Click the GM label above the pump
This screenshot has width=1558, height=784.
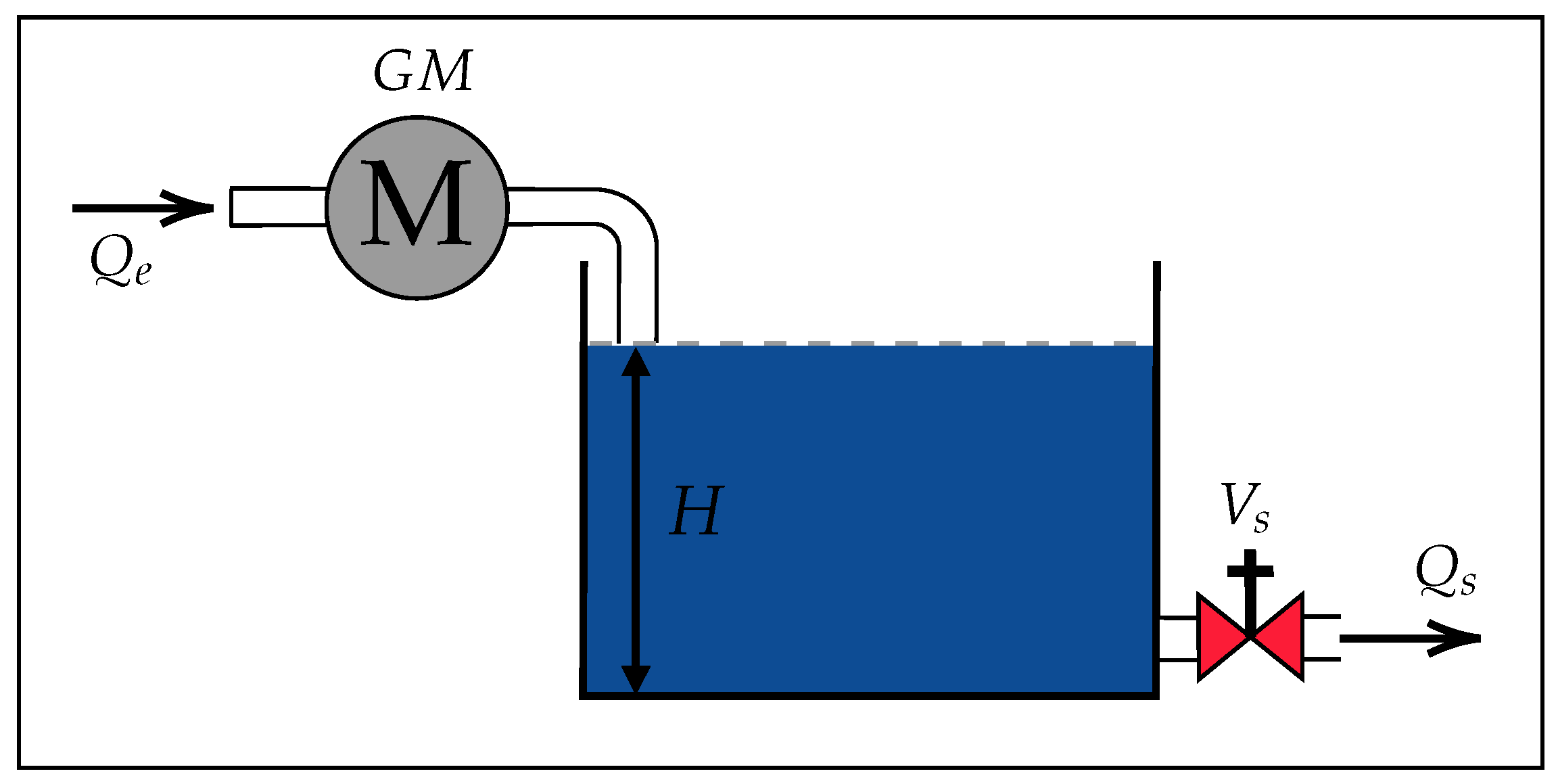coord(423,71)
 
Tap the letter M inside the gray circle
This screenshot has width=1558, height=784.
coord(415,203)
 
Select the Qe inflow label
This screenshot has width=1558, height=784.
coord(120,264)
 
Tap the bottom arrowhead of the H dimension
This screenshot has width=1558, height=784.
coord(636,678)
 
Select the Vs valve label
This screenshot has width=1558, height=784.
coord(1245,507)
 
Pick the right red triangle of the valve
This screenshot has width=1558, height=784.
coord(1279,637)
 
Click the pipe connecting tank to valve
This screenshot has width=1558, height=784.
coord(1178,638)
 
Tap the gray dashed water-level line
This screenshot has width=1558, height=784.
coord(879,343)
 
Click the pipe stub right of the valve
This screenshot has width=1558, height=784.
coord(1321,637)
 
